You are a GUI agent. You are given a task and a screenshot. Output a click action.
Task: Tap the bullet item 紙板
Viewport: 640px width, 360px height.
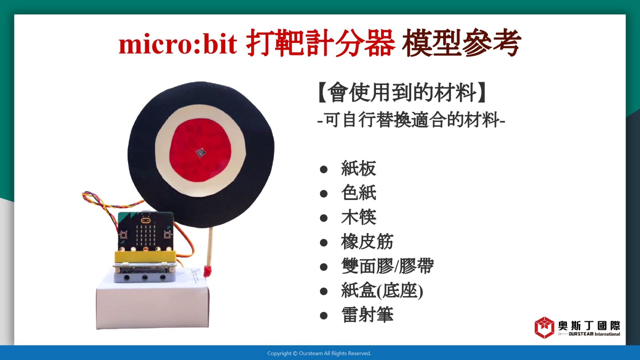[359, 168]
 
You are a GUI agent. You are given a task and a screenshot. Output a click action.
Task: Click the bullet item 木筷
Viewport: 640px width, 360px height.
[359, 217]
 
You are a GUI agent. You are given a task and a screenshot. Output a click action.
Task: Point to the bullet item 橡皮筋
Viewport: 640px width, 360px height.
[368, 242]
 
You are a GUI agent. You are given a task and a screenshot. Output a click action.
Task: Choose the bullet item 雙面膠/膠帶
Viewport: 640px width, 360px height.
[388, 266]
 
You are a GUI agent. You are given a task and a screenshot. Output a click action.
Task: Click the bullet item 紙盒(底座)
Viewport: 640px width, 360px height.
[382, 291]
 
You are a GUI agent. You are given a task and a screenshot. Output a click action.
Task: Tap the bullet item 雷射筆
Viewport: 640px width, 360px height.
[368, 315]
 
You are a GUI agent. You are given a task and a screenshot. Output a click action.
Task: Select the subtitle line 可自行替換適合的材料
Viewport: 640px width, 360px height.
[412, 120]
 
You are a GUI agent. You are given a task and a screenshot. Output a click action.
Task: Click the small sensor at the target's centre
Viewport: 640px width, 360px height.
[200, 153]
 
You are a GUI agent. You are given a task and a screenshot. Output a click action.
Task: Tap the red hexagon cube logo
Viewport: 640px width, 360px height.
[544, 328]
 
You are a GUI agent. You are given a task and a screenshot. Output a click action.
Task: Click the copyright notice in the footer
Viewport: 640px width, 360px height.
[319, 354]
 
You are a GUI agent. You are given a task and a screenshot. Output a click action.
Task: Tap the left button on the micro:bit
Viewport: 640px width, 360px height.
[124, 235]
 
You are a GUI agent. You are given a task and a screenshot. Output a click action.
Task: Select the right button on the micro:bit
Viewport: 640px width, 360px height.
[168, 235]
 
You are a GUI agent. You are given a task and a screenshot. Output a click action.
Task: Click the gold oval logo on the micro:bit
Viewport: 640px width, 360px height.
[146, 220]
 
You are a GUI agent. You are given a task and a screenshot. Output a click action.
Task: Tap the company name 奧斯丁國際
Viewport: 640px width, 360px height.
[589, 326]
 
